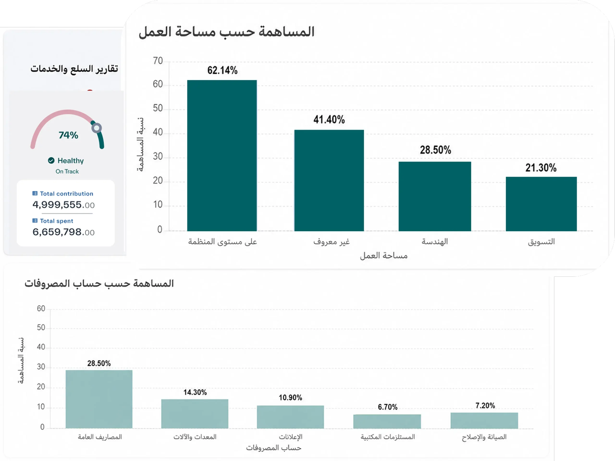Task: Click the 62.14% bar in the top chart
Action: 222,155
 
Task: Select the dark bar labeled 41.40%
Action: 329,180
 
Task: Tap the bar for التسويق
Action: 541,204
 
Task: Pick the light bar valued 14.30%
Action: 195,414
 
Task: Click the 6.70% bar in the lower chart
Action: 387,422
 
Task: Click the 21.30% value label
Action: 541,168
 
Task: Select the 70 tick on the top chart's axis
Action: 158,61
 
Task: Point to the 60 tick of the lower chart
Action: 41,309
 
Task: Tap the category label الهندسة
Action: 435,241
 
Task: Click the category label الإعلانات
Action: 290,437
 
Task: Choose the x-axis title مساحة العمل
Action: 384,256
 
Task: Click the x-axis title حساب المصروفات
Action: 274,448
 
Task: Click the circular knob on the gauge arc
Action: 97,128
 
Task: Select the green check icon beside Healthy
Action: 51,160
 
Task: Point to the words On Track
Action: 67,171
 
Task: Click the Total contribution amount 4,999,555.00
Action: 63,205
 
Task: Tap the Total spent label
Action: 56,221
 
